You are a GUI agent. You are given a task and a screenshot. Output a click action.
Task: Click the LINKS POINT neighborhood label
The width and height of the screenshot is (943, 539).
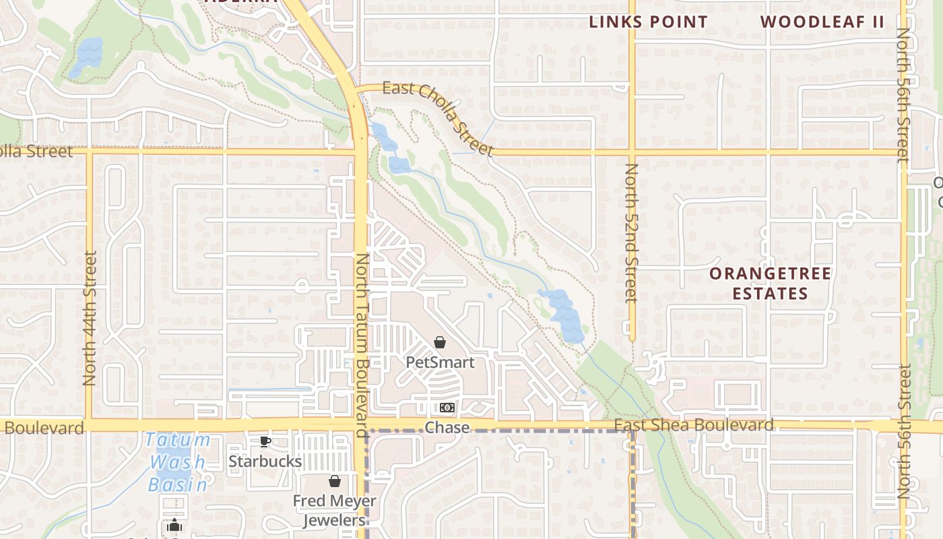tap(648, 22)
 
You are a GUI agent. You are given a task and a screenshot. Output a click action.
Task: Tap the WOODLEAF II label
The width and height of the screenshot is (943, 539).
tap(822, 22)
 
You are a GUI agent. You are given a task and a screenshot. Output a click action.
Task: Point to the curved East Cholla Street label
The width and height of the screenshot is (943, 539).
tap(438, 116)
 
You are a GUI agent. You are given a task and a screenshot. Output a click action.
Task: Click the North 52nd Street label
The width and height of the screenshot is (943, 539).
tap(631, 233)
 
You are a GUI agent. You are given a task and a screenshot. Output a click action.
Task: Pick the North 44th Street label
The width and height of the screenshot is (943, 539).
tap(90, 318)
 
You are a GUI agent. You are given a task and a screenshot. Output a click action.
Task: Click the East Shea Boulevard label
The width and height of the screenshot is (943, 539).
tap(694, 425)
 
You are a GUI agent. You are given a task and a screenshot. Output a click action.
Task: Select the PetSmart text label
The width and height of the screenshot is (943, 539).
tap(440, 362)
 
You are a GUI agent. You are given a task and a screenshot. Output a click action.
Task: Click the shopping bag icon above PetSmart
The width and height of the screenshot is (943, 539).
tap(440, 343)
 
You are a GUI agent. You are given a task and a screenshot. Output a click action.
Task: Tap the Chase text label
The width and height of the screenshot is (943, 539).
tap(447, 428)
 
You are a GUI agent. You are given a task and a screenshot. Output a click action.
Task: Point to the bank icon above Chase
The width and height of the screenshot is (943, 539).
tap(447, 408)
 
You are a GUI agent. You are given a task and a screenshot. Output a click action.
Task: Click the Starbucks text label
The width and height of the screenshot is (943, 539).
tap(265, 462)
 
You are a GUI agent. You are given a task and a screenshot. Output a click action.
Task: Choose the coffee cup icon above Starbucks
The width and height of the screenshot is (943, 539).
tap(265, 442)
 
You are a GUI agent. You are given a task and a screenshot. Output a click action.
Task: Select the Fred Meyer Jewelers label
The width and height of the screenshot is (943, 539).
tap(334, 511)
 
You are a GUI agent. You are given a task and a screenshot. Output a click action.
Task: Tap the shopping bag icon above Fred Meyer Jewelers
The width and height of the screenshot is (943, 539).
tap(334, 481)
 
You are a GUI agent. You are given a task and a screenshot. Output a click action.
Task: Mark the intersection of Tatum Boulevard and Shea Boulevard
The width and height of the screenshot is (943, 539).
tap(362, 425)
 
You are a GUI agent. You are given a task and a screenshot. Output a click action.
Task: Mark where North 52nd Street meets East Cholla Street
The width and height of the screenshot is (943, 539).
tap(632, 153)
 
